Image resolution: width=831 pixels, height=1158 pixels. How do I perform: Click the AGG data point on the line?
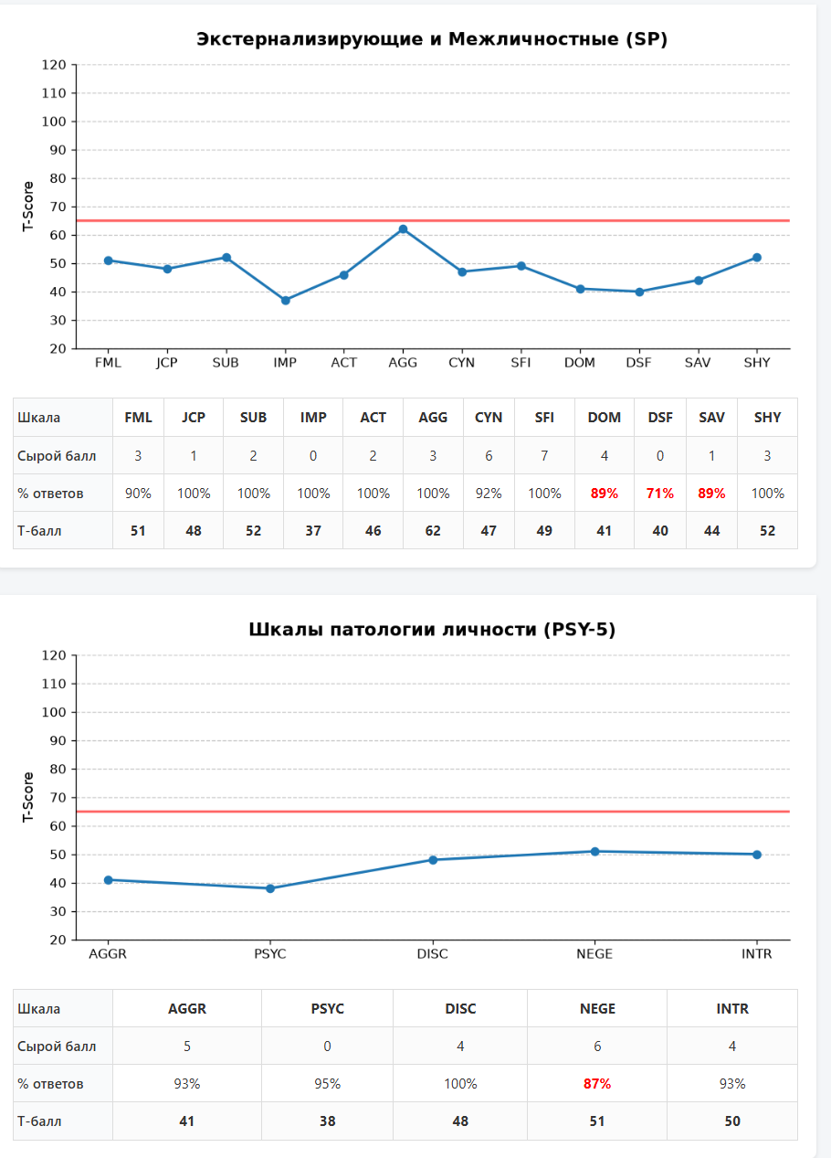click(403, 229)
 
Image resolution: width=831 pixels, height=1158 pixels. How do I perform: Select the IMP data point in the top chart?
click(285, 300)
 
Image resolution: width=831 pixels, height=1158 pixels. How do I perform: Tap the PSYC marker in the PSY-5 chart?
click(270, 888)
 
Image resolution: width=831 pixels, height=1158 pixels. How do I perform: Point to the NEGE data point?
click(594, 852)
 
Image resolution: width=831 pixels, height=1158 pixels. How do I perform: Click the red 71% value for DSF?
click(659, 494)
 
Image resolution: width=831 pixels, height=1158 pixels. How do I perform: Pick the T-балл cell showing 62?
click(433, 531)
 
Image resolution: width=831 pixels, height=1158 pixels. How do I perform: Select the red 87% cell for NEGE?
click(597, 1084)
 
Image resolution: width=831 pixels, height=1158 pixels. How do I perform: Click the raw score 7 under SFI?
click(544, 455)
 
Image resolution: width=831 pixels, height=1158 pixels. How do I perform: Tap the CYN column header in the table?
click(489, 417)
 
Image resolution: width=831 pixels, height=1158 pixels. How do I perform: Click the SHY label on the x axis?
click(757, 363)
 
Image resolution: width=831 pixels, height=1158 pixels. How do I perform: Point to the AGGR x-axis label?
click(108, 953)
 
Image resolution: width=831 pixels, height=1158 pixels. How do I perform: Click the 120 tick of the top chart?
click(54, 65)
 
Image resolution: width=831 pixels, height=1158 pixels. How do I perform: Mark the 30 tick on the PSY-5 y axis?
click(58, 911)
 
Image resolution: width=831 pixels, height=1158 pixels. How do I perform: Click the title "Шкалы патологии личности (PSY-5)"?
click(432, 629)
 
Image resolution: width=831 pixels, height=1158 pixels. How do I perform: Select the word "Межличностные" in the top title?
click(533, 38)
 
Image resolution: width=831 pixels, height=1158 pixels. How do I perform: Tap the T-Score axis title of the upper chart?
click(28, 207)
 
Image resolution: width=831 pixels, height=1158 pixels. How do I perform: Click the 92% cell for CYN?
click(489, 494)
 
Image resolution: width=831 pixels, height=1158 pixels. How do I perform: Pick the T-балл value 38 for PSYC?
click(328, 1121)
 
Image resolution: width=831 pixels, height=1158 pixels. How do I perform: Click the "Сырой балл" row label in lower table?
click(57, 1046)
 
